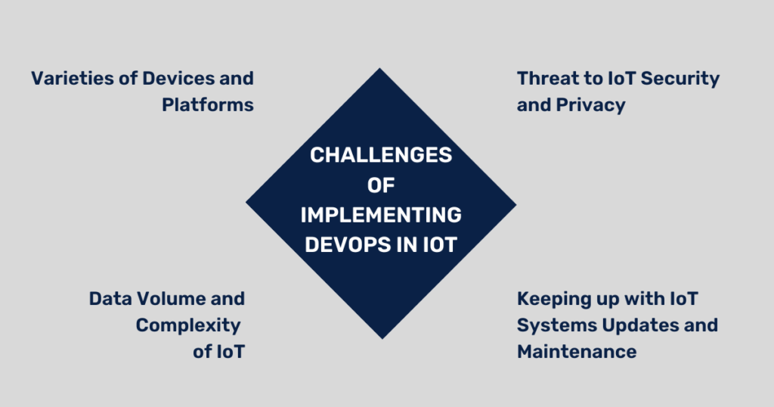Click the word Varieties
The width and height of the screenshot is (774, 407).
pyautogui.click(x=67, y=78)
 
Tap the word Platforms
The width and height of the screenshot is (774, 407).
pyautogui.click(x=207, y=105)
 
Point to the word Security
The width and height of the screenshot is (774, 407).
pyautogui.click(x=679, y=78)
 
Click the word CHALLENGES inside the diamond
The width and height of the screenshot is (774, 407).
pyautogui.click(x=381, y=155)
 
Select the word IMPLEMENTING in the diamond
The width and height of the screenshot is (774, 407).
pyautogui.click(x=381, y=215)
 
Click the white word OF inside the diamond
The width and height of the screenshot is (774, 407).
pyautogui.click(x=381, y=185)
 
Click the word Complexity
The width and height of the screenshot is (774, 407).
pyautogui.click(x=188, y=325)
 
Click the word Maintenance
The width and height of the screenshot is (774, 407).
pyautogui.click(x=576, y=352)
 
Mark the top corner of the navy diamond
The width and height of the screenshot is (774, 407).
pyautogui.click(x=380, y=70)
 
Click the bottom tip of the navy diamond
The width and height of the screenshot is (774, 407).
pyautogui.click(x=381, y=338)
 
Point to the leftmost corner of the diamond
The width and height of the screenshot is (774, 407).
pyautogui.click(x=246, y=203)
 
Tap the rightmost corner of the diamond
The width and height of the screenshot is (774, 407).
pyautogui.click(x=515, y=203)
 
